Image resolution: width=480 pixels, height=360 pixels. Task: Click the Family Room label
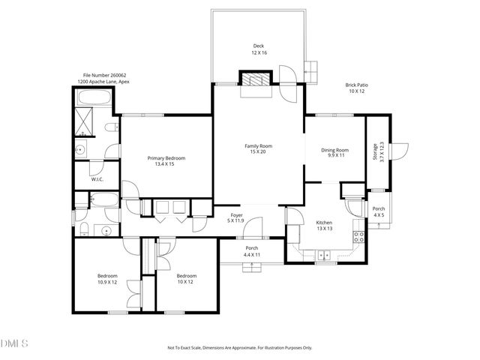[x=258, y=148]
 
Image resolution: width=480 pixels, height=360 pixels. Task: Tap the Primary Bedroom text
[x=166, y=161]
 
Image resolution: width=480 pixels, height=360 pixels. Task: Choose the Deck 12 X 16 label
[x=259, y=49]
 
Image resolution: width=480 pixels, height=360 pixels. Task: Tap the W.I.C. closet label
[x=97, y=180]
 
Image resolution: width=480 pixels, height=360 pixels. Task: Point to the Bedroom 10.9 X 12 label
[x=107, y=278]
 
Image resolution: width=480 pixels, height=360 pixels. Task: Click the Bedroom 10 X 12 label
[x=186, y=278]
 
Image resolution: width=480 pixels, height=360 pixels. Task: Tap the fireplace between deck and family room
[x=253, y=79]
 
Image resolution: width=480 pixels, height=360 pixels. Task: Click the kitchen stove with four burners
[x=359, y=239]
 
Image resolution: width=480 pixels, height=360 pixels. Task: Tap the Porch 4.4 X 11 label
[x=252, y=252]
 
